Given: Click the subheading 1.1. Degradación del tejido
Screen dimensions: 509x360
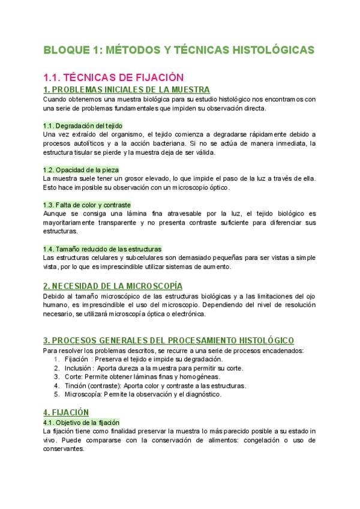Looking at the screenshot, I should coord(83,125).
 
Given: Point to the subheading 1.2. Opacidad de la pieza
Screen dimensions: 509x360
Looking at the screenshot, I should coord(80,170).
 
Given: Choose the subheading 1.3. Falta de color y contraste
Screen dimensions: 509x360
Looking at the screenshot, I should coord(87,205).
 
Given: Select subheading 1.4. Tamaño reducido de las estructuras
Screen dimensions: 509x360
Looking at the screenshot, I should coord(102,248).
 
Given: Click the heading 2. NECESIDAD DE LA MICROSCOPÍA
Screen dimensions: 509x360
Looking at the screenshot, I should coord(113,286).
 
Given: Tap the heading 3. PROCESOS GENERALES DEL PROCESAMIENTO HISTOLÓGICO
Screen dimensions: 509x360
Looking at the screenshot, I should coord(160,340).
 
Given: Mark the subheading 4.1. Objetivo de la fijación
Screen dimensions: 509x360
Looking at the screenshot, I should coord(82,422).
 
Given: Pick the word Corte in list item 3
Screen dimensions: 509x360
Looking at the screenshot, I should coord(73,377).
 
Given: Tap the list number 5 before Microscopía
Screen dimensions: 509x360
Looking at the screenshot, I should coord(56,394).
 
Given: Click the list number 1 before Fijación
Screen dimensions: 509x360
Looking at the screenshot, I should coord(56,359).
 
